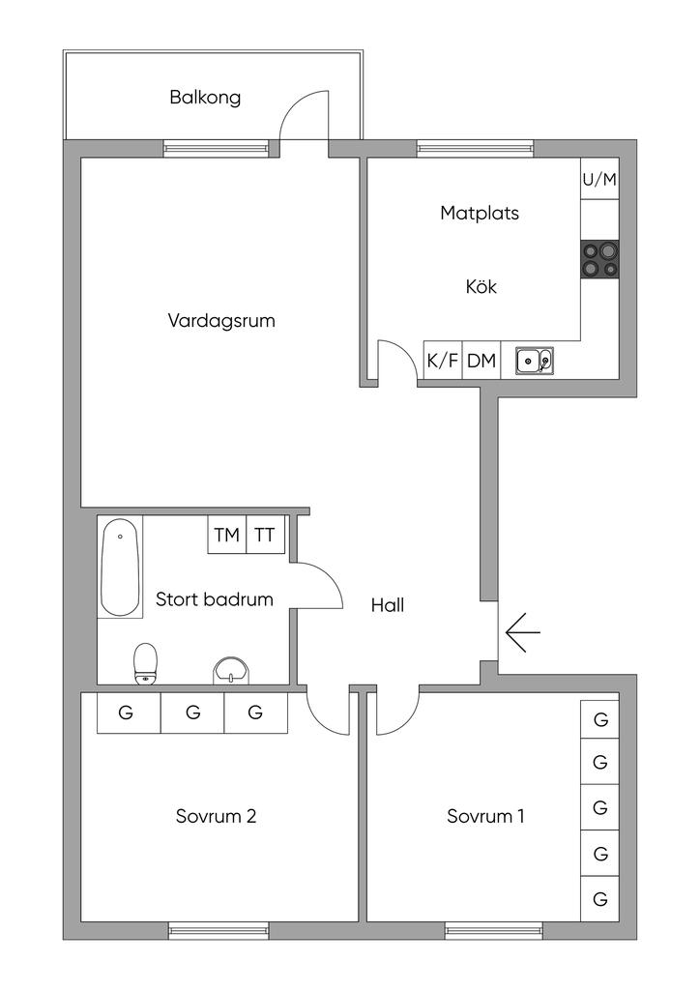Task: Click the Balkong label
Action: (x=205, y=98)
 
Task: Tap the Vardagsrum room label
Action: (x=221, y=321)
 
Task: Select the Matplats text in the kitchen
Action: (x=480, y=214)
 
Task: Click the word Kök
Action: (x=481, y=286)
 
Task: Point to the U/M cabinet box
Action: (x=599, y=179)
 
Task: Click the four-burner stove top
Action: (x=599, y=259)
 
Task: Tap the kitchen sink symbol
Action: (x=535, y=362)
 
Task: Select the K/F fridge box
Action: (x=443, y=361)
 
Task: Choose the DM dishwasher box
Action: (x=481, y=361)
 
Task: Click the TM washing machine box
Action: (x=226, y=535)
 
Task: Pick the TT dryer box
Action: (x=265, y=535)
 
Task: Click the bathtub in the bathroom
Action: (x=120, y=567)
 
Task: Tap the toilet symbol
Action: (x=146, y=663)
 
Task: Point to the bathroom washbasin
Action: (x=231, y=670)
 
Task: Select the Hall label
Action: (x=388, y=605)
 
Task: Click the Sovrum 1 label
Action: (x=485, y=816)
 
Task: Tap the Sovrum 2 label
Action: (x=216, y=816)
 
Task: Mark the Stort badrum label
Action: (x=215, y=599)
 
